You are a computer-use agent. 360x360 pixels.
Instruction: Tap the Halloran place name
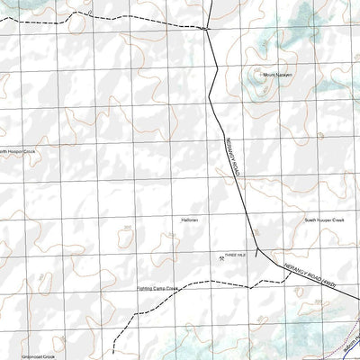pyautogui.click(x=189, y=220)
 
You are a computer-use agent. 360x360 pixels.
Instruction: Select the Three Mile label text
pyautogui.click(x=237, y=255)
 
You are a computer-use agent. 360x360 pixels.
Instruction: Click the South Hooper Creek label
pyautogui.click(x=324, y=220)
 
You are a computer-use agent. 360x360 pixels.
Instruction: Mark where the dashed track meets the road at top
pyautogui.click(x=208, y=29)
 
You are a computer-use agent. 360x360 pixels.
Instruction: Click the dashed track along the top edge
pyautogui.click(x=126, y=17)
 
